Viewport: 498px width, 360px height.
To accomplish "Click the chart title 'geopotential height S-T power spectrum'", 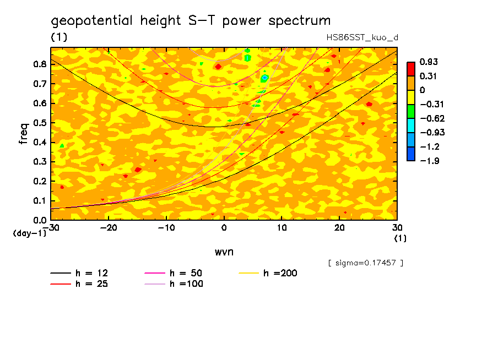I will point(191,21).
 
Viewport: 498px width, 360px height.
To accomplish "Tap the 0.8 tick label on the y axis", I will point(39,64).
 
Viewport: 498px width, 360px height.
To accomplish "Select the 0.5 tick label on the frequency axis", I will point(39,123).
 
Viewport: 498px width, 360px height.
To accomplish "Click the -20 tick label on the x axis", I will point(109,228).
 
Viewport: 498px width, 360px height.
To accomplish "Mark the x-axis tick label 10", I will point(282,228).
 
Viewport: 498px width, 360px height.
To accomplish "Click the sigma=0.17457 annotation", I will point(365,263).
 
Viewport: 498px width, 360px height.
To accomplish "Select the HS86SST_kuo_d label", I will point(362,37).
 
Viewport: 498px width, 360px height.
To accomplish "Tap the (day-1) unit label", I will point(30,233).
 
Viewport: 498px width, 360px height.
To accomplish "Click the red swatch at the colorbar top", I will point(410,68).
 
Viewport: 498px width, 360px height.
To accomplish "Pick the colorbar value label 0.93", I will point(428,61).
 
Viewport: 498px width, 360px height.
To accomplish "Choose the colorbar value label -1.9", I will point(428,160).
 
